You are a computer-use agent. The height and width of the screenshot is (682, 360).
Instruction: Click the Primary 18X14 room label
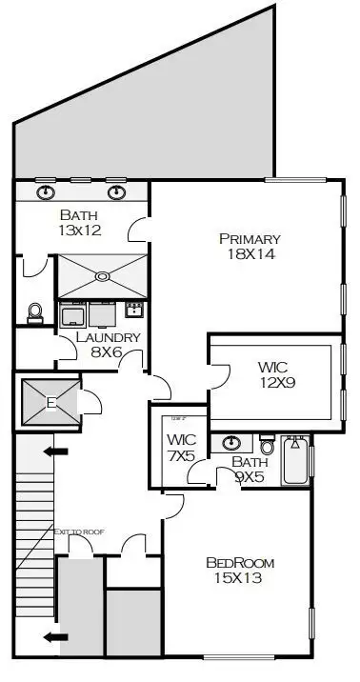[249, 247]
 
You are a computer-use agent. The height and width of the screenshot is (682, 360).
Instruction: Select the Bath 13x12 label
[81, 222]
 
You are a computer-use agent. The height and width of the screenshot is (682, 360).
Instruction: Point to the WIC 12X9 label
[277, 373]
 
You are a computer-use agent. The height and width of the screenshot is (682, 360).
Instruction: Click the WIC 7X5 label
[181, 448]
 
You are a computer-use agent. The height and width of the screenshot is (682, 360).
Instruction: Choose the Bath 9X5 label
[251, 469]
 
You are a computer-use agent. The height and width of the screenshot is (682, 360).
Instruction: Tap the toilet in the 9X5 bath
[267, 445]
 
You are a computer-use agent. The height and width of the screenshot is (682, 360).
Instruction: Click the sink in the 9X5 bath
[230, 443]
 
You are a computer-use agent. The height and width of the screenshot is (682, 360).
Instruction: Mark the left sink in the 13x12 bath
[46, 192]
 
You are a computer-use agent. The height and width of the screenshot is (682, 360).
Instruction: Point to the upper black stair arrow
[57, 451]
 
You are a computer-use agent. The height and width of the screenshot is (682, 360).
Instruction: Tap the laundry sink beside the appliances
[134, 310]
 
